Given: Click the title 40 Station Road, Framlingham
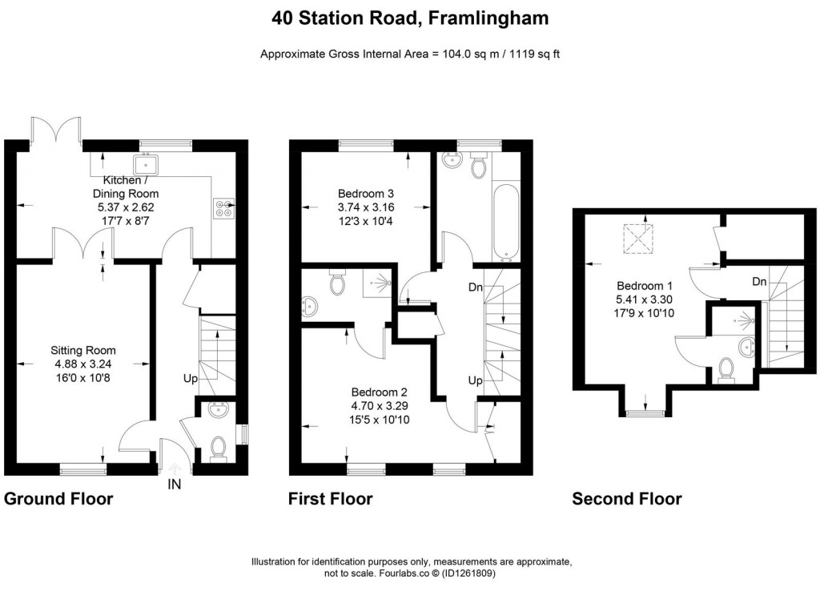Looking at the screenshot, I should (x=410, y=18).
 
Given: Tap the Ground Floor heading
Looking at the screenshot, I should (x=58, y=500).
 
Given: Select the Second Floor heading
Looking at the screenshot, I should (x=626, y=500).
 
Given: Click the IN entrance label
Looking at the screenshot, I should (x=175, y=484).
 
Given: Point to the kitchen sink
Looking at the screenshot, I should (x=147, y=166).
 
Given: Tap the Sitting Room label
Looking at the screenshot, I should (x=83, y=350).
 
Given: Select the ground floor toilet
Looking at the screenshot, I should (x=216, y=448).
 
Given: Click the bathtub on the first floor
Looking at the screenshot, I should (x=505, y=221).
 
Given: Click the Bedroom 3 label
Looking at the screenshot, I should (x=365, y=194).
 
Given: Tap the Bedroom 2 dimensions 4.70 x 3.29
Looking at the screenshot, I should (x=380, y=406).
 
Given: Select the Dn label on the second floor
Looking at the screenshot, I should (x=761, y=282).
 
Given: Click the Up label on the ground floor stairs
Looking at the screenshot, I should (x=191, y=378).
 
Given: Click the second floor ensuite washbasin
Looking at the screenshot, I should (x=748, y=346).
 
